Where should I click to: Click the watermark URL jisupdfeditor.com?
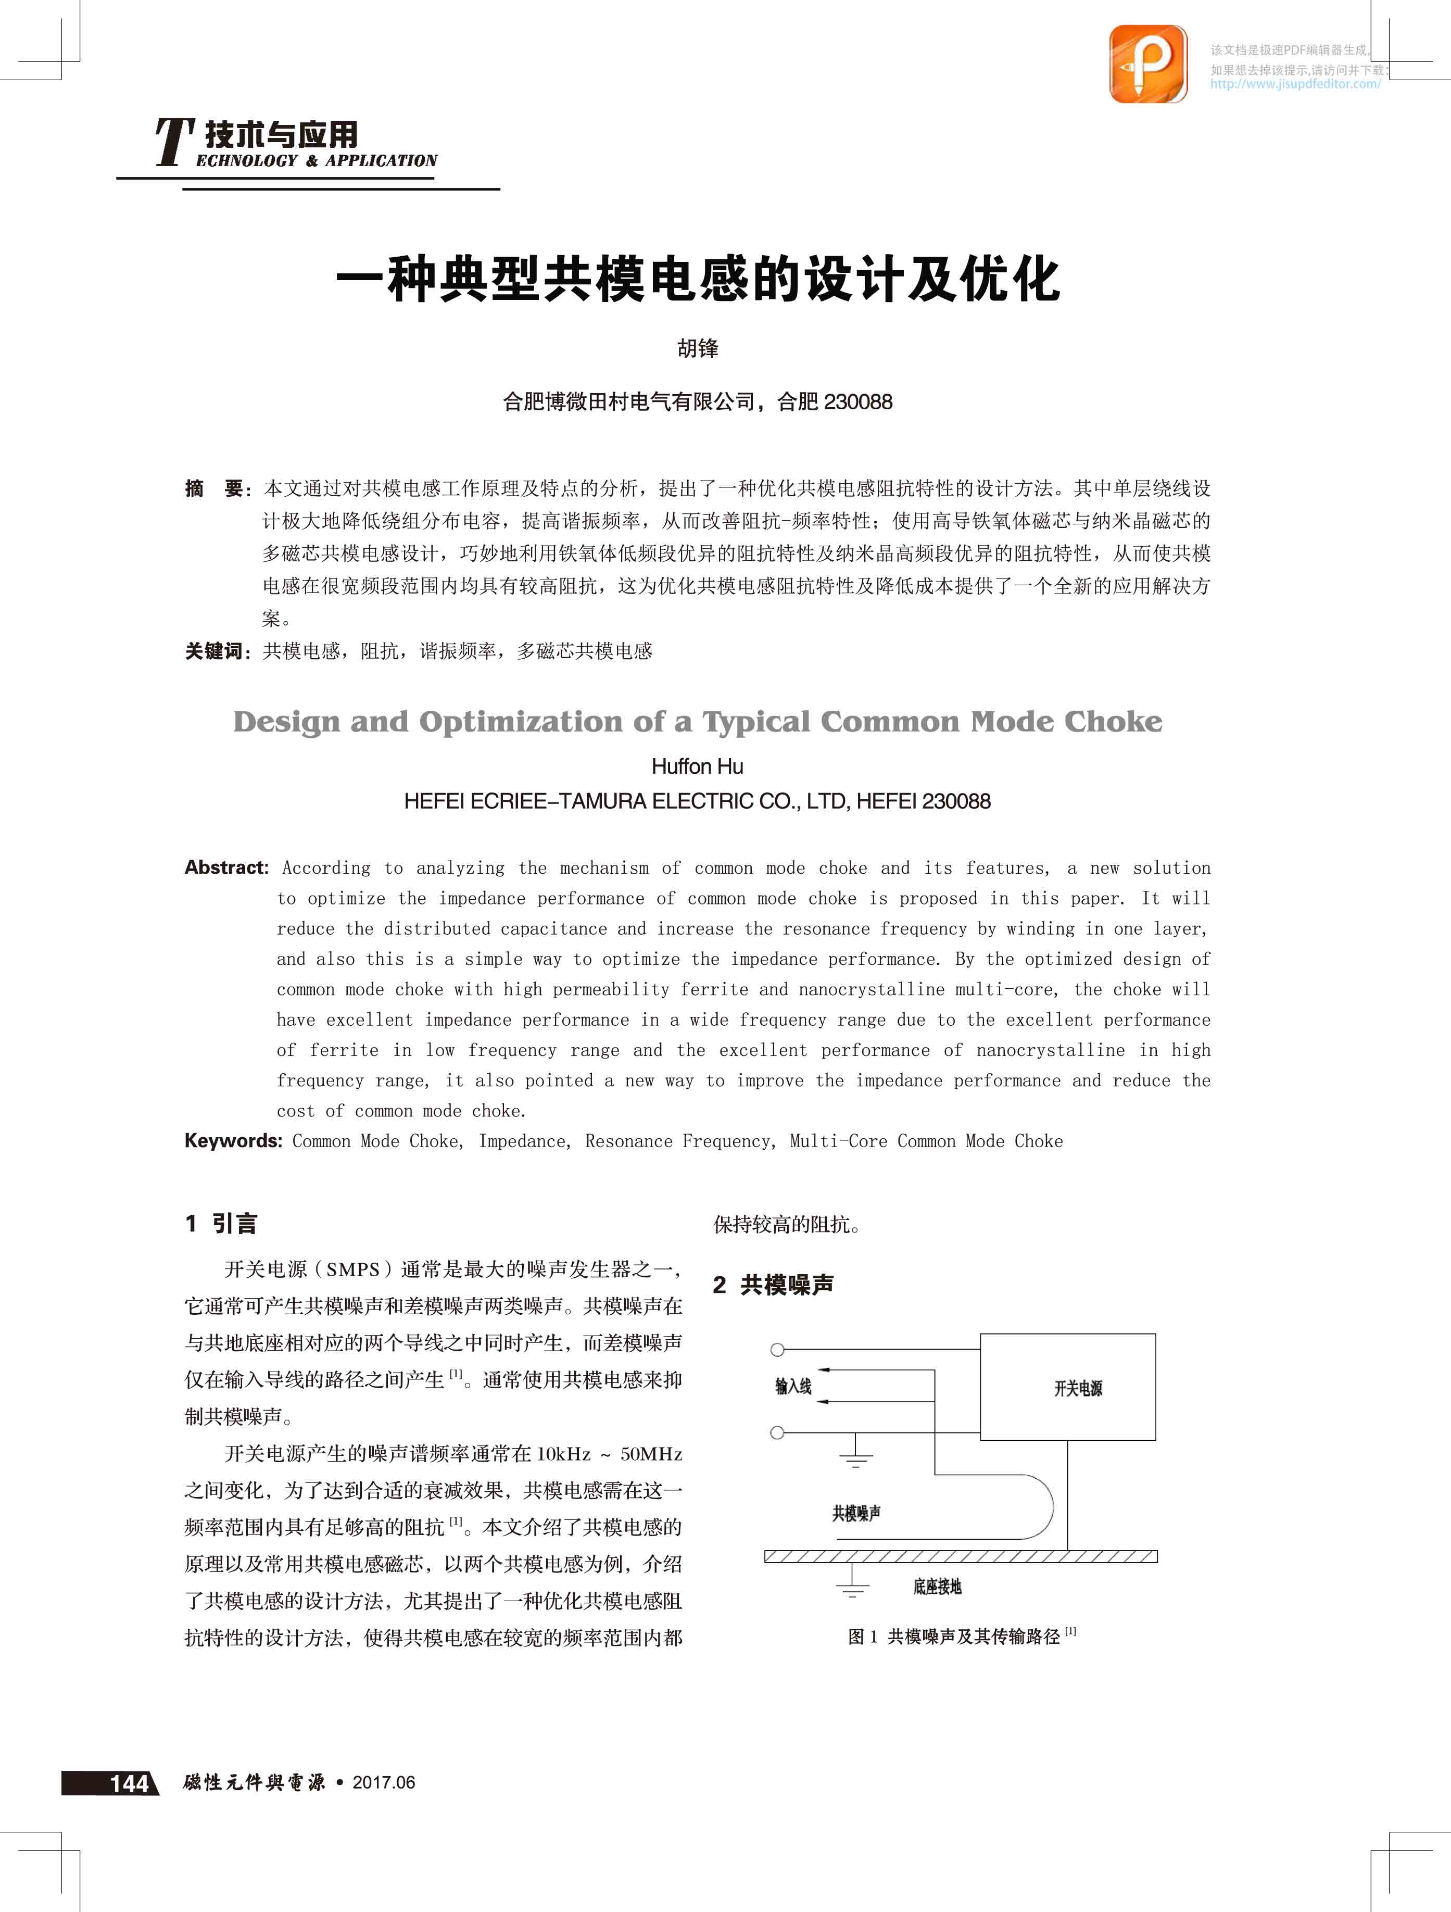(1295, 84)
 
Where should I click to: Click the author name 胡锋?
(698, 348)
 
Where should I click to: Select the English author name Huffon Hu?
(698, 766)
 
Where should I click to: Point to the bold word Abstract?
(226, 867)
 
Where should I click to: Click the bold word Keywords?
(233, 1140)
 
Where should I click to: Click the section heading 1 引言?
(221, 1223)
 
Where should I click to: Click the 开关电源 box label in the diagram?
(1078, 1388)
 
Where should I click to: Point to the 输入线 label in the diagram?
(793, 1387)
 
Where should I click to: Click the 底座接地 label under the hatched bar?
(937, 1587)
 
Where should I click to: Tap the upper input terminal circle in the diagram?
(777, 1349)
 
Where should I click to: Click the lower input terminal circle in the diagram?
(777, 1433)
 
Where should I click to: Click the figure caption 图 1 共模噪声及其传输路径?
(961, 1636)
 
